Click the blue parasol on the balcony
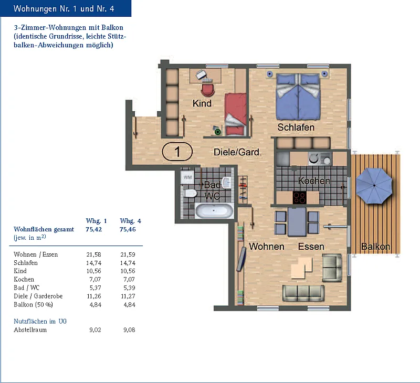tap(374, 186)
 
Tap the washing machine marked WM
tap(187, 177)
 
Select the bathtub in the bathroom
tap(214, 210)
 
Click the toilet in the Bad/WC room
tap(190, 193)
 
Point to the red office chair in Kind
tap(207, 90)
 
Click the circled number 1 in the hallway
tap(177, 152)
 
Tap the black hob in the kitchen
tap(299, 197)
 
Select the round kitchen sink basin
tap(313, 159)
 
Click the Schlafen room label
tap(296, 127)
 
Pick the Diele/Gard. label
tap(237, 152)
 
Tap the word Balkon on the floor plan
tap(375, 246)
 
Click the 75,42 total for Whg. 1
tap(94, 229)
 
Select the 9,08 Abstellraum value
tap(129, 329)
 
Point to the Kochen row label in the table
tap(24, 279)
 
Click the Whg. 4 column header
tap(130, 221)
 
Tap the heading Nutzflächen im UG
tap(40, 321)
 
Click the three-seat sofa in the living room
tap(303, 293)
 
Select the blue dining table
tap(297, 222)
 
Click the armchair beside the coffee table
tap(332, 268)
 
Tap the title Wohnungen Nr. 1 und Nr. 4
tap(64, 8)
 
